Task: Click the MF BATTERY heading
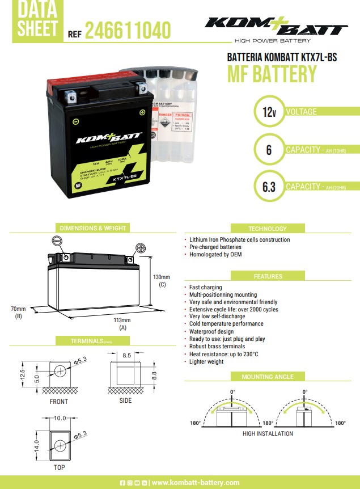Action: [x=272, y=74]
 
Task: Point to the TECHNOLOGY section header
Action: [x=268, y=229]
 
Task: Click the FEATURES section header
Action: [x=268, y=276]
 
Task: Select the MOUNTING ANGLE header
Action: [x=268, y=377]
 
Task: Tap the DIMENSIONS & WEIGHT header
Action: [x=93, y=228]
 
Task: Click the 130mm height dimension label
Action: [x=162, y=277]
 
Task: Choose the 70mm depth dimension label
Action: [x=18, y=309]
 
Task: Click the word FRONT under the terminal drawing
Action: [x=59, y=402]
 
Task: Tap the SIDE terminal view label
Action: [x=125, y=401]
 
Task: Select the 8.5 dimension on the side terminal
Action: [x=126, y=356]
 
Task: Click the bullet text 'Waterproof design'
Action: [x=211, y=331]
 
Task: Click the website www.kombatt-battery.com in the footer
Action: [x=196, y=482]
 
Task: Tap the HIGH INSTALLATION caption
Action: [x=268, y=434]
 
